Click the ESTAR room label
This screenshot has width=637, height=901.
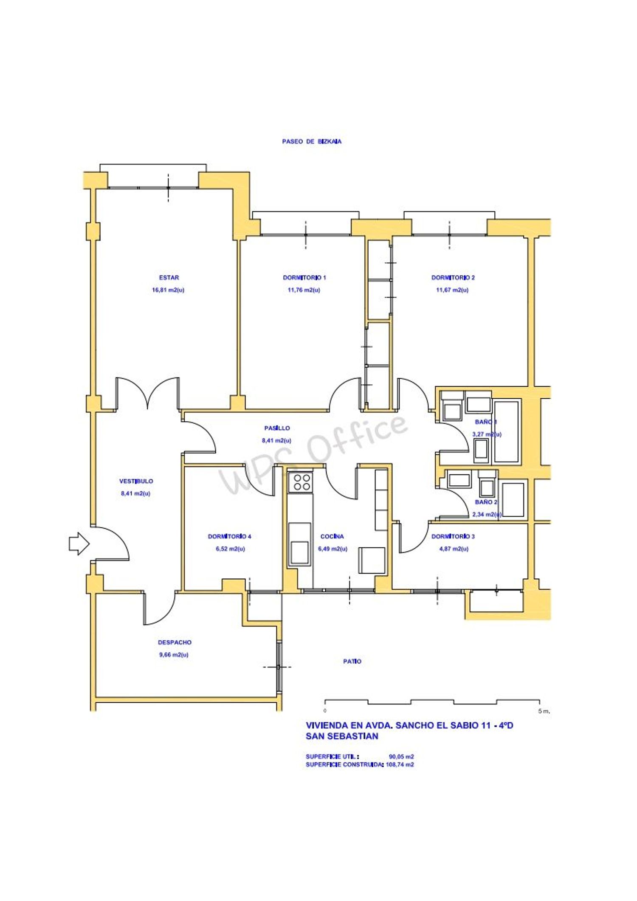(169, 278)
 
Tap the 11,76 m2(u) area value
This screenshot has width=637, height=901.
(304, 290)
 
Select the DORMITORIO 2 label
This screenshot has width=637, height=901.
(453, 278)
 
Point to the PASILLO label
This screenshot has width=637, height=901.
(277, 428)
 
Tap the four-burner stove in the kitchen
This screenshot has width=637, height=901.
(301, 481)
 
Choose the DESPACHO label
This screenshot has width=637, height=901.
(175, 642)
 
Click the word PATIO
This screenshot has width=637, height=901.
(352, 661)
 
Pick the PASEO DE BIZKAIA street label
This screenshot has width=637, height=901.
(312, 141)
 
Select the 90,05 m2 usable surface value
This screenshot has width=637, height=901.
(401, 756)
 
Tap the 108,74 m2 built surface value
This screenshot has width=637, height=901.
(400, 764)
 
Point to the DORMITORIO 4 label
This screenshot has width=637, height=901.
(229, 536)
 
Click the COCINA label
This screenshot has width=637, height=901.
(332, 536)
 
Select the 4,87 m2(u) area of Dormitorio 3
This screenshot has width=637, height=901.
(454, 549)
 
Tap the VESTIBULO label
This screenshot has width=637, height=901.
(136, 481)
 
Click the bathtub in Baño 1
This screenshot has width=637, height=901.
(507, 431)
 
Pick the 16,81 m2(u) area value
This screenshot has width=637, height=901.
(168, 290)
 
